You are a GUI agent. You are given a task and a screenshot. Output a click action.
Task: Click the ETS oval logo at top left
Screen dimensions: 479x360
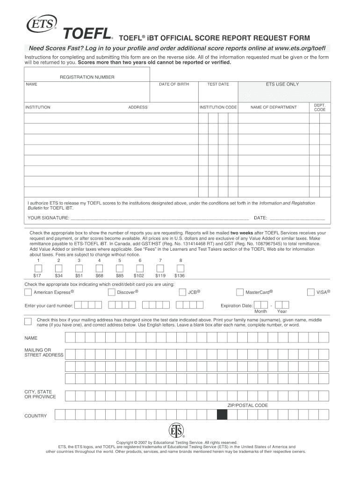click(x=43, y=23)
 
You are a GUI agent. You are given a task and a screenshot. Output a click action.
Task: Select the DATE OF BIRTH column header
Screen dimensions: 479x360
click(x=174, y=84)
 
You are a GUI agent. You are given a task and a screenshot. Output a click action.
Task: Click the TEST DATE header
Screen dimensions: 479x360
click(x=218, y=84)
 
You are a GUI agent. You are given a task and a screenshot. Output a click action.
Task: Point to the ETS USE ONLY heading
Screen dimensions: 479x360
click(x=282, y=84)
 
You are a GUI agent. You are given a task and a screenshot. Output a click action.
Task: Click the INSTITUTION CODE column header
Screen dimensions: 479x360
click(x=218, y=107)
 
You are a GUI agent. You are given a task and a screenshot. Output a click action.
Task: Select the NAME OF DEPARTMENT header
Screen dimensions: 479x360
click(x=274, y=107)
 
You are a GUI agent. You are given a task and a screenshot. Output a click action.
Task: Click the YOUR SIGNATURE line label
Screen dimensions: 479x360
click(x=48, y=218)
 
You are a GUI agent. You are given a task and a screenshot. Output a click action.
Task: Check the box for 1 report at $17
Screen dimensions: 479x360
click(x=38, y=268)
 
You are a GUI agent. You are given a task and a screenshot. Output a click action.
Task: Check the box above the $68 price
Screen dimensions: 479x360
click(x=99, y=268)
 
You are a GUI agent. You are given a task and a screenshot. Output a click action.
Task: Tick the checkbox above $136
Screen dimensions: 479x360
click(x=180, y=268)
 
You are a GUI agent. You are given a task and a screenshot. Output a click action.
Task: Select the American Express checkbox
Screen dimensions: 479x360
click(x=28, y=292)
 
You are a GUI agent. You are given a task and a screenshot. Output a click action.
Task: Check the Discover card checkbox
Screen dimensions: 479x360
click(x=111, y=292)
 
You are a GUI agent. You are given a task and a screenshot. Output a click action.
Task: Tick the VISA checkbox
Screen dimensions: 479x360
click(x=311, y=292)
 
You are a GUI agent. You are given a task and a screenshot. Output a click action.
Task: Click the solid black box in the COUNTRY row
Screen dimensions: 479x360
click(x=222, y=414)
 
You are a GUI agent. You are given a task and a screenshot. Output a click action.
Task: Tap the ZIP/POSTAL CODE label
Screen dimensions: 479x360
click(x=247, y=406)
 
